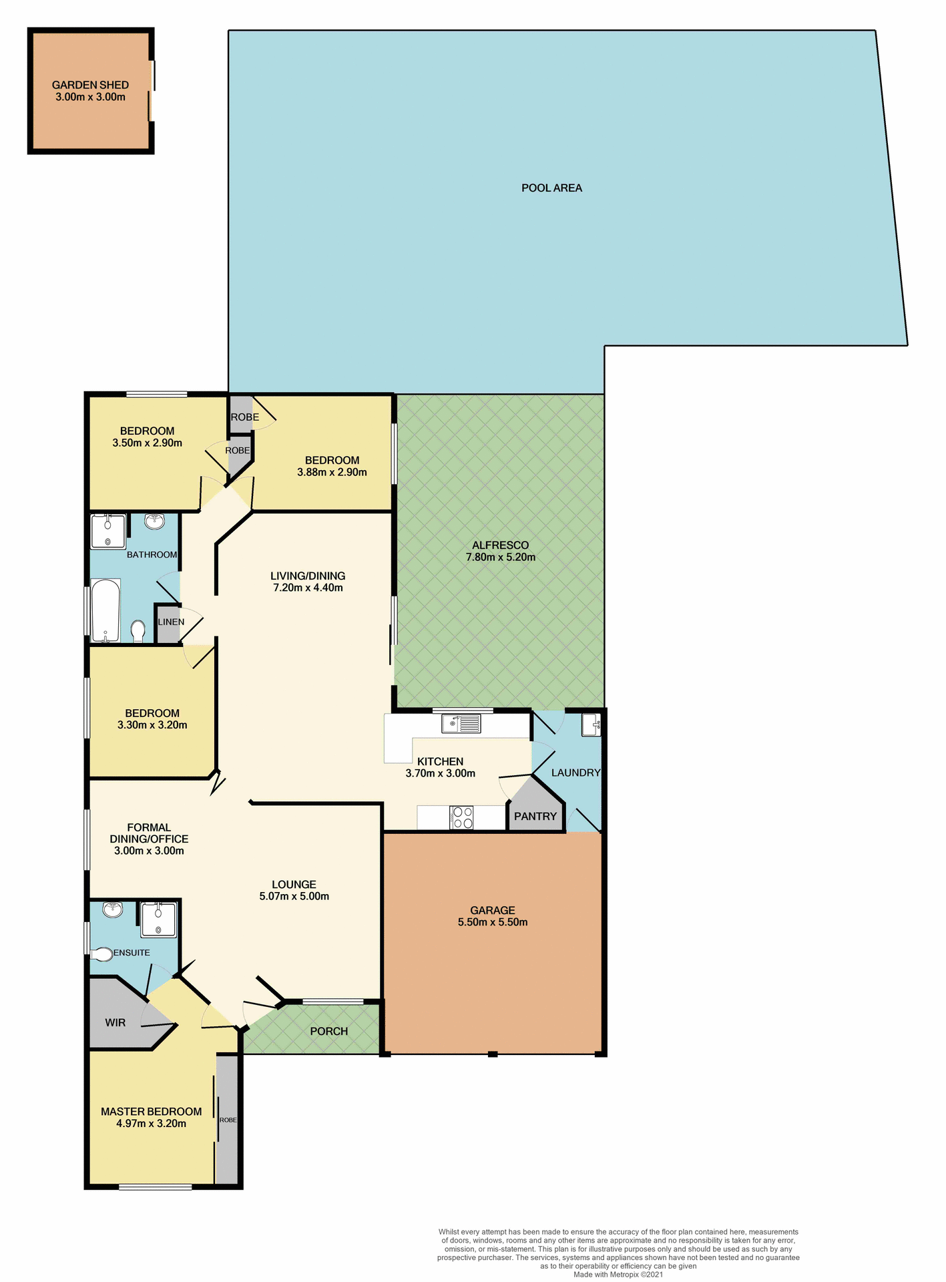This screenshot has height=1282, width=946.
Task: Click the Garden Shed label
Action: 90,85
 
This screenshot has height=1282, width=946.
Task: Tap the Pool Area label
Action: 551,188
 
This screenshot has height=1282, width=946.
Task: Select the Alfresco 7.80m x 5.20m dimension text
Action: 500,558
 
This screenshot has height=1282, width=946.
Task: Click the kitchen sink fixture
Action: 461,724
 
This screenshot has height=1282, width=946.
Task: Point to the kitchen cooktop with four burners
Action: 463,818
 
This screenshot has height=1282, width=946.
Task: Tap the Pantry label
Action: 535,816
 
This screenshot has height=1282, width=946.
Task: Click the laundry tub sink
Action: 591,725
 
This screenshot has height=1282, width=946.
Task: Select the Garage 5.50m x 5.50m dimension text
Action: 493,922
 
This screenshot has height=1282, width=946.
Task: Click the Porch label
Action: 328,1032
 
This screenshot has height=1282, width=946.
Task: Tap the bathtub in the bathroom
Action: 105,610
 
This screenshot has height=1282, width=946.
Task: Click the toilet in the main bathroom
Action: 138,630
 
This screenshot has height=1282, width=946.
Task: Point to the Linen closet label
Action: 171,622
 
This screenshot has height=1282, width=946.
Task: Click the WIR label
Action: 115,1023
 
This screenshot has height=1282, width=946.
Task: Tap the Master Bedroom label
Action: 151,1111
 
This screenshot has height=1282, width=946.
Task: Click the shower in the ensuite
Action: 159,919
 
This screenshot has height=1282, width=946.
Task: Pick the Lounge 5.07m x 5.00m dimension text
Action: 294,896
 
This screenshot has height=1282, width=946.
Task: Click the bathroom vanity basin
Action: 155,521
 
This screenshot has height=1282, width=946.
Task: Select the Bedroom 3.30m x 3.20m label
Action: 152,719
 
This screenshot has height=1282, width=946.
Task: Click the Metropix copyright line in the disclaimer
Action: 618,1274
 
